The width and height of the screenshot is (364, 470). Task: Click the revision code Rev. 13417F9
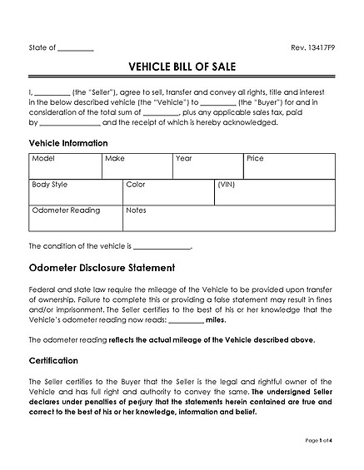pyautogui.click(x=313, y=49)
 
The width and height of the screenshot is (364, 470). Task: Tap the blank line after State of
pyautogui.click(x=77, y=50)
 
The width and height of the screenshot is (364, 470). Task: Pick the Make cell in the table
pyautogui.click(x=137, y=166)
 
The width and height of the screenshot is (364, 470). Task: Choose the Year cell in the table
pyautogui.click(x=207, y=166)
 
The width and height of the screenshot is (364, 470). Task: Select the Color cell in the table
pyautogui.click(x=168, y=192)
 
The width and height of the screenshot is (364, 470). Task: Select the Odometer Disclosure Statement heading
pyautogui.click(x=102, y=268)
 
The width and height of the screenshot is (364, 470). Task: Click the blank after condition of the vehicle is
pyautogui.click(x=162, y=247)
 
